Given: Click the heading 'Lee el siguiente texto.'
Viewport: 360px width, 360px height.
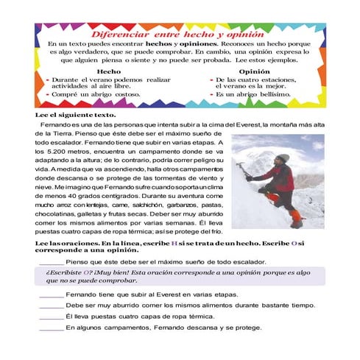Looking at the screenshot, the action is pos(75,114).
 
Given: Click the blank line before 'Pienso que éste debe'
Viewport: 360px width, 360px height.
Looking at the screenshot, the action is pos(51,263).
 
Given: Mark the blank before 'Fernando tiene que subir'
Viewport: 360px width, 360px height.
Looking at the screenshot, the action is pos(51,294).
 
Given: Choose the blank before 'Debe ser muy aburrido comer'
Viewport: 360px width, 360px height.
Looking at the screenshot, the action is pos(51,305).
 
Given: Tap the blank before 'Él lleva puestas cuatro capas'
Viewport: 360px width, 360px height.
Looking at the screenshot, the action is pos(51,316).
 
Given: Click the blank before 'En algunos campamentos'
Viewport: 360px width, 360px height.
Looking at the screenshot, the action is pos(51,328).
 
